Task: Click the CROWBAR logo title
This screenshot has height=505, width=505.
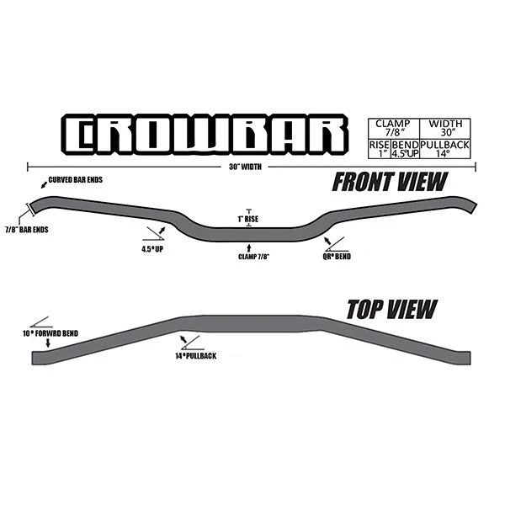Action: click(205, 135)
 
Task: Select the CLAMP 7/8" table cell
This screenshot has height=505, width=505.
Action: click(394, 129)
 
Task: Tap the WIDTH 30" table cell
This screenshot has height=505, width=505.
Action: click(445, 129)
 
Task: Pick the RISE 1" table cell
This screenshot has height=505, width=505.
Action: click(380, 149)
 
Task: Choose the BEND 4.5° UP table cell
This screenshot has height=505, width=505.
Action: click(405, 149)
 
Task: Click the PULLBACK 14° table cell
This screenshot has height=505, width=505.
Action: click(445, 149)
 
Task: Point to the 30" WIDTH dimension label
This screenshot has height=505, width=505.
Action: click(245, 167)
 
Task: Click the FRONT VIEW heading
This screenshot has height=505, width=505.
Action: click(390, 182)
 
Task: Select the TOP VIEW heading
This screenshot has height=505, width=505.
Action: click(392, 309)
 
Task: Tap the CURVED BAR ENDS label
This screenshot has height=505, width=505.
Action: click(76, 180)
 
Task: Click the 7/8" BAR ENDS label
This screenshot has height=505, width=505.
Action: click(27, 230)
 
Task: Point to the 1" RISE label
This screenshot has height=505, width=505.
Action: click(248, 219)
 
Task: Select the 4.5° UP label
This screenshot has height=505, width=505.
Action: click(152, 249)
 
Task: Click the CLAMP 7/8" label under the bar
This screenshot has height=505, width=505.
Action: click(254, 257)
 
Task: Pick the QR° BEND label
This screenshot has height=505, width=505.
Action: click(337, 257)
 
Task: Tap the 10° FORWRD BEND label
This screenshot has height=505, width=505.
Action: click(50, 333)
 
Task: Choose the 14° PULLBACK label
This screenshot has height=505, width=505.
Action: click(196, 356)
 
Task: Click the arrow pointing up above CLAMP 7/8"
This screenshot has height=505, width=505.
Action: click(248, 248)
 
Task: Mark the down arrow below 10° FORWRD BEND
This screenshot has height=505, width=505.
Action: click(48, 343)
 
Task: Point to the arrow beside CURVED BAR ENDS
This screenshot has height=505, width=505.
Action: click(44, 185)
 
